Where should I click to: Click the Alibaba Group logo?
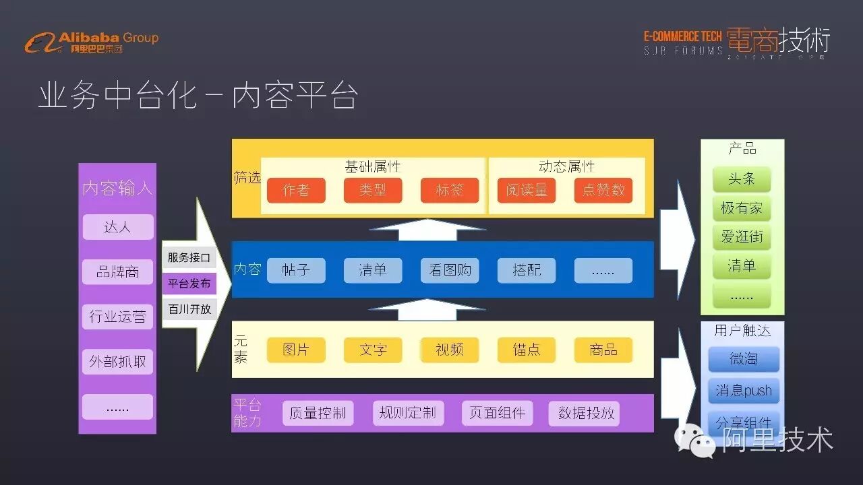click(91, 42)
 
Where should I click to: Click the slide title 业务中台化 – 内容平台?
click(197, 96)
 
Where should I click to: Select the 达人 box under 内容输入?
click(118, 227)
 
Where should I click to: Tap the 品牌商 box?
click(118, 271)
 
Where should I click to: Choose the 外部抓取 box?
click(118, 362)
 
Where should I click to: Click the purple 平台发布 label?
click(189, 284)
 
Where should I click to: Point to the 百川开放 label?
click(189, 309)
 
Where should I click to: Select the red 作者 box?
click(296, 191)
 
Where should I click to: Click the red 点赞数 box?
click(603, 191)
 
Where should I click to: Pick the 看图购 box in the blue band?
click(450, 270)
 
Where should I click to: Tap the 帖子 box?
click(296, 270)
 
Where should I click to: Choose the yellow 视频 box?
click(450, 350)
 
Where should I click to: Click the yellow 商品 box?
click(603, 350)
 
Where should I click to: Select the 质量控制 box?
click(318, 413)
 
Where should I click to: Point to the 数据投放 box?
click(586, 413)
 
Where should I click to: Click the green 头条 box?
click(742, 179)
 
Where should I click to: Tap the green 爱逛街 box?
click(742, 237)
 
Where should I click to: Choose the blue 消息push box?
click(744, 391)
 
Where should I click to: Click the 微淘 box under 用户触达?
click(744, 359)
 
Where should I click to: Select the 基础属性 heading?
click(373, 166)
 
